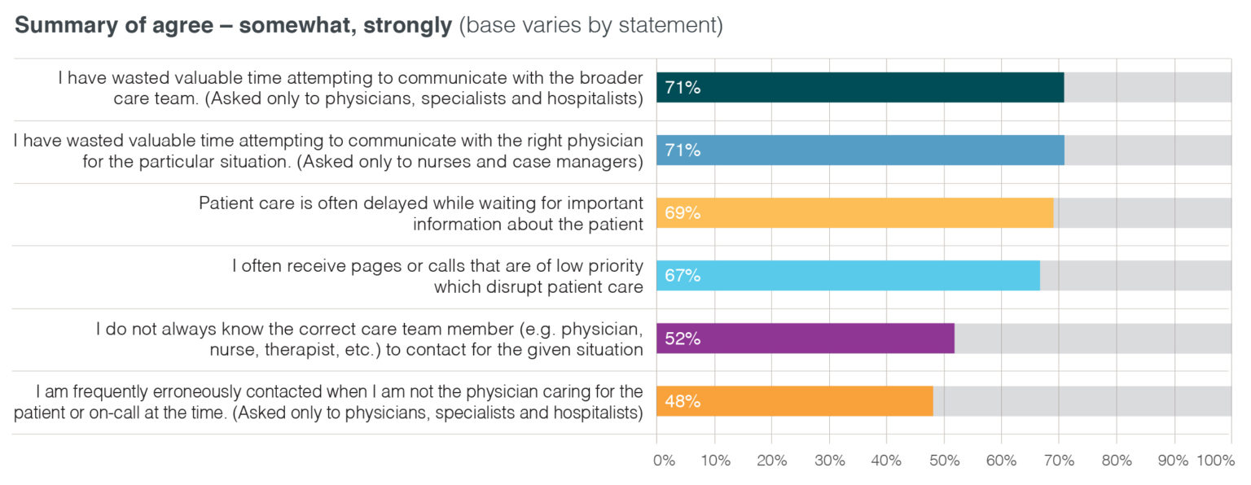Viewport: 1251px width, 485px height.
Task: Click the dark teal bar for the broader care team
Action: [x=860, y=87]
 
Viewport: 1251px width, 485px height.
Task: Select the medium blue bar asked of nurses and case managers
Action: [x=860, y=150]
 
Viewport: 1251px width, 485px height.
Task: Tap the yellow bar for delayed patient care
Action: [x=855, y=212]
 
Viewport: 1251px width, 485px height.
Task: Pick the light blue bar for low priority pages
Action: [x=848, y=275]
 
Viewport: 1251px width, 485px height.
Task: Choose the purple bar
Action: [x=805, y=338]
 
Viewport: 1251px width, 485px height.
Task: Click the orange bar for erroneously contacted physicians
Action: [x=795, y=400]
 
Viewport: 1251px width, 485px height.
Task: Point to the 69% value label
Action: [x=683, y=213]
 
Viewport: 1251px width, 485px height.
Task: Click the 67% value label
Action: [x=683, y=276]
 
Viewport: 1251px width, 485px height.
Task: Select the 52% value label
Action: [x=683, y=339]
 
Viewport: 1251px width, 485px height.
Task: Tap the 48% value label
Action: [x=683, y=401]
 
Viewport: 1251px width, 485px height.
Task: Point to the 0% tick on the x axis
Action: [x=664, y=461]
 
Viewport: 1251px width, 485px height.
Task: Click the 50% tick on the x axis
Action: [x=944, y=461]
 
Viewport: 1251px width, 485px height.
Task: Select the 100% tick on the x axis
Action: [x=1215, y=461]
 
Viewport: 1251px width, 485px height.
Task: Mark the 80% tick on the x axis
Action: [x=1117, y=461]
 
